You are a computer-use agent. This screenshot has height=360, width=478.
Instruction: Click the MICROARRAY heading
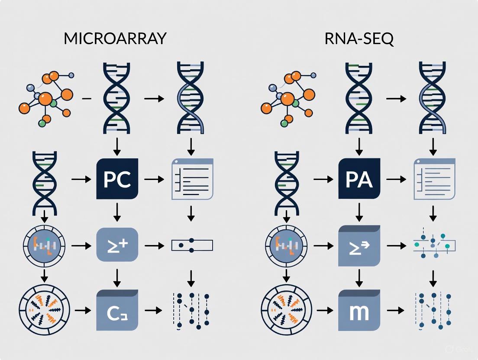115,39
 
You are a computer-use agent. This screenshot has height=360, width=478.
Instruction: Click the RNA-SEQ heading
359,39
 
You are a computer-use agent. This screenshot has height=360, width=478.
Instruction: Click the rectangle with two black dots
193,245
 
